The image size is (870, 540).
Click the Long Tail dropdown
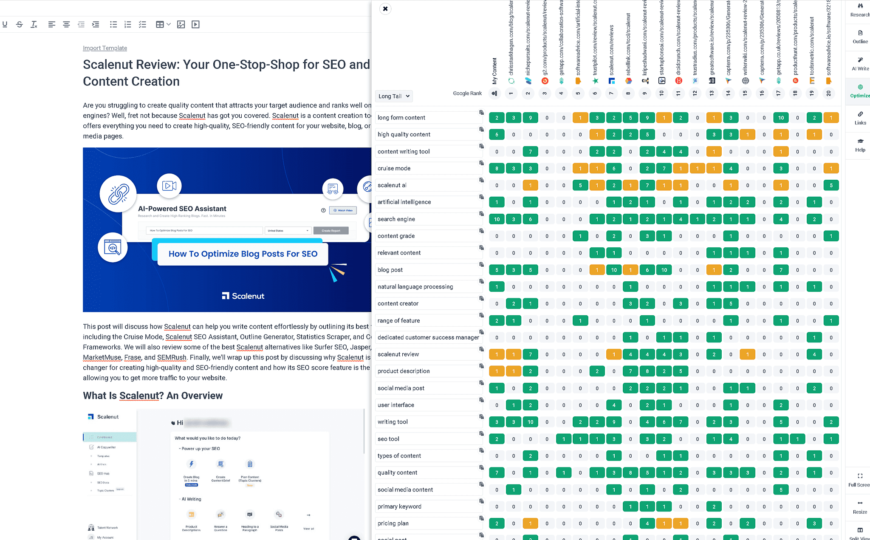click(x=393, y=96)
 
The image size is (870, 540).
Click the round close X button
click(x=385, y=8)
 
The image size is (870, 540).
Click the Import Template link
click(x=105, y=48)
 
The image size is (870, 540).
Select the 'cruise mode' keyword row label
click(x=394, y=168)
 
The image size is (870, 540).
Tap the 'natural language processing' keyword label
click(x=415, y=287)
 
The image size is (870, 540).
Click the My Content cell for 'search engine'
click(x=497, y=219)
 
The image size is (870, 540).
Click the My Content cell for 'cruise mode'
click(x=497, y=168)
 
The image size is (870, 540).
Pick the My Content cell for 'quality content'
click(x=497, y=472)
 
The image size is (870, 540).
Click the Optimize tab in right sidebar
click(x=860, y=91)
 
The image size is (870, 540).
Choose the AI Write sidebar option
click(x=860, y=64)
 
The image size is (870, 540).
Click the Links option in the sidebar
click(x=860, y=118)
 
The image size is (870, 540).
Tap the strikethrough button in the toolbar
click(x=20, y=25)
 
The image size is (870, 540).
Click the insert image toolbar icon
click(x=181, y=25)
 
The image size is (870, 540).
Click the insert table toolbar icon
click(x=160, y=25)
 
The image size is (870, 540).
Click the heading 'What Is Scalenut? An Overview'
click(x=153, y=396)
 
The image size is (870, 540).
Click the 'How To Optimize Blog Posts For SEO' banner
click(x=243, y=254)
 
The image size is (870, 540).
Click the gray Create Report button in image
click(x=330, y=231)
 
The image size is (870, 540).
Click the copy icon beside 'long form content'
click(x=481, y=113)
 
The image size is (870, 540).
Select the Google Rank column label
click(x=467, y=93)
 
